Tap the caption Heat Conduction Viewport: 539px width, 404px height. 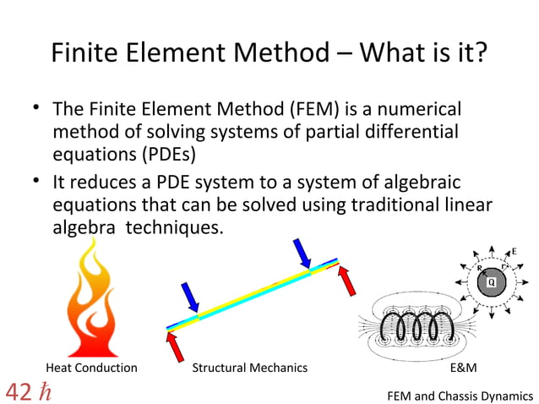(x=91, y=368)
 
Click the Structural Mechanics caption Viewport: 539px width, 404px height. (x=249, y=368)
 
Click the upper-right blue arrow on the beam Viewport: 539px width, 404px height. (x=303, y=252)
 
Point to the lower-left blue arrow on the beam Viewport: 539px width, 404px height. (x=192, y=296)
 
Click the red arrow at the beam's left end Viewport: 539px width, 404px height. (x=175, y=347)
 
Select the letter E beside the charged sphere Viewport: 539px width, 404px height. (x=514, y=251)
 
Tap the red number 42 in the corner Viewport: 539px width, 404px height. (x=19, y=391)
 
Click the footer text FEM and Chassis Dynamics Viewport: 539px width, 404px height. (x=460, y=395)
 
